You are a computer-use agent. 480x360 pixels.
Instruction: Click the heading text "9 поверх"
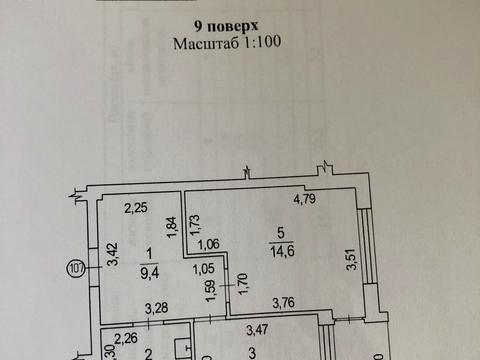[x=239, y=27]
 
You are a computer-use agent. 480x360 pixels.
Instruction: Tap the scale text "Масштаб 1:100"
[x=239, y=44]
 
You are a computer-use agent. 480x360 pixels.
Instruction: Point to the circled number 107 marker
[x=75, y=267]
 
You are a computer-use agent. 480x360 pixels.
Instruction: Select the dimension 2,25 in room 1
[x=137, y=208]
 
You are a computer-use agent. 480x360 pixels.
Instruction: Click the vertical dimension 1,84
[x=173, y=226]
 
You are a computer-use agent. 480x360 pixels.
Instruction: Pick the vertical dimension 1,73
[x=194, y=225]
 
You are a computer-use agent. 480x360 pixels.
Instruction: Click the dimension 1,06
[x=209, y=244]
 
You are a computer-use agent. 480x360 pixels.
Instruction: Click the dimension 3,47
[x=261, y=328]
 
